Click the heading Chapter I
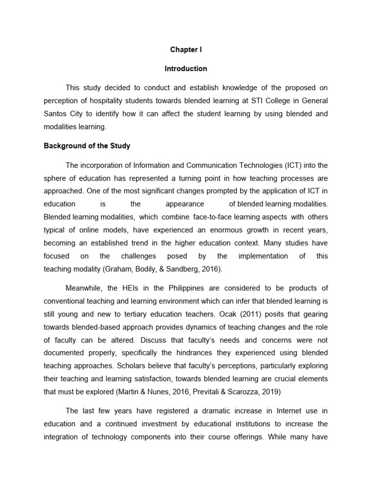(186, 50)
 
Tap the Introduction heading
(186, 69)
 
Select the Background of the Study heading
(87, 145)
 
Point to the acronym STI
(243, 100)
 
